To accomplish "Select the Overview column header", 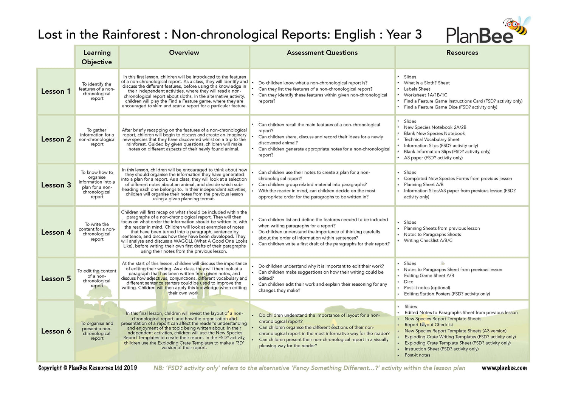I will (x=184, y=53).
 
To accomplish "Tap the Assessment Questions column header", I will (x=322, y=53).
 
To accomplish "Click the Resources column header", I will (x=462, y=53).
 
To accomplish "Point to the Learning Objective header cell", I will (x=97, y=57).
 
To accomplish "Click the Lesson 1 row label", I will (x=56, y=91).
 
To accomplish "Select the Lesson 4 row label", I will (x=56, y=232).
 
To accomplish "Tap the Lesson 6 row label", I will (x=56, y=331).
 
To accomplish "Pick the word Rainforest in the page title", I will (x=131, y=35).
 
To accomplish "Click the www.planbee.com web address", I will (x=504, y=368).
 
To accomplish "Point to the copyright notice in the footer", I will (x=88, y=368).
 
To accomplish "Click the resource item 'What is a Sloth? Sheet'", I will (x=426, y=83).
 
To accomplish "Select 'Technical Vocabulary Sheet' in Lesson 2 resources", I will (x=431, y=139).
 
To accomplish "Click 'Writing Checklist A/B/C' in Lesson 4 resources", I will (x=428, y=241).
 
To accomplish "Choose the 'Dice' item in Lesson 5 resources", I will (x=409, y=282).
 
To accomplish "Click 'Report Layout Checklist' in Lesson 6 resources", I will (x=429, y=325).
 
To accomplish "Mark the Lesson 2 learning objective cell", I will (x=97, y=137).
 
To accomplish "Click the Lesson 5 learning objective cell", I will (x=97, y=279).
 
